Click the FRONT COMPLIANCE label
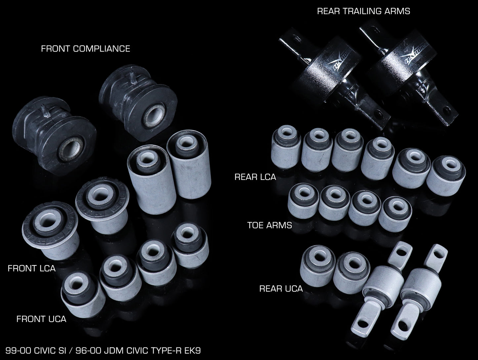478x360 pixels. click(86, 49)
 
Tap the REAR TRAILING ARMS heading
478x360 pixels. click(364, 11)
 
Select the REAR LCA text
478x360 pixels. click(255, 177)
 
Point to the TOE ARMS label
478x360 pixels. click(270, 225)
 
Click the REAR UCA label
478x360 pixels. click(281, 289)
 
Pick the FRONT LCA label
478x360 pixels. click(31, 268)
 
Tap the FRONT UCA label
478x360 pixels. click(41, 319)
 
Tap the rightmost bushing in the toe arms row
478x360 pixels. click(395, 214)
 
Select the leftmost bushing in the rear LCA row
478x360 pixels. click(286, 147)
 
